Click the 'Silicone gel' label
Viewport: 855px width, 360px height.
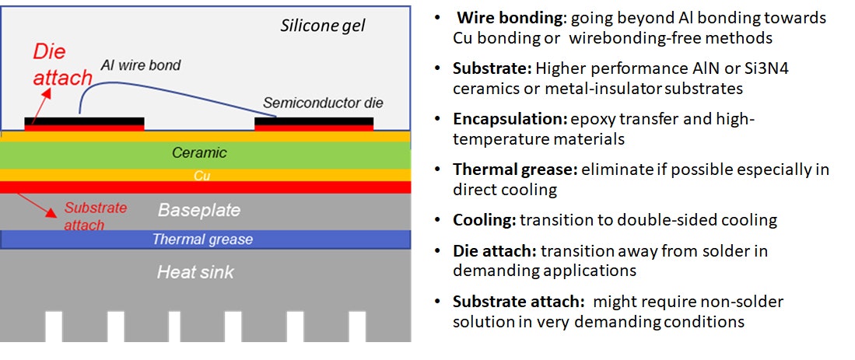tap(322, 26)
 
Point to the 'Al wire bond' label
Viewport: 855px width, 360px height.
tap(140, 65)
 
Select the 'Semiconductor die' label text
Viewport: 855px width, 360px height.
tap(323, 103)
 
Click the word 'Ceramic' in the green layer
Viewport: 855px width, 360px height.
tap(199, 153)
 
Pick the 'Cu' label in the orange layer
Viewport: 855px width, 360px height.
tap(202, 176)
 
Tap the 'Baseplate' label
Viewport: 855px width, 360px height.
tap(199, 210)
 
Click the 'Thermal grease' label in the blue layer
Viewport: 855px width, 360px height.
tap(202, 239)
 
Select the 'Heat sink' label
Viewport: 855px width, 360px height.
tap(195, 272)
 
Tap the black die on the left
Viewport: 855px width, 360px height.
tap(84, 121)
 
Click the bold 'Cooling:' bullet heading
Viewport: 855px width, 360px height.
tap(484, 220)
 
